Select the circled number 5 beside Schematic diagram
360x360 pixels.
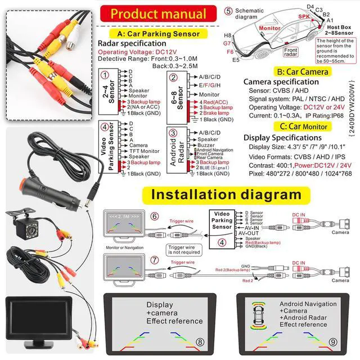click(228, 11)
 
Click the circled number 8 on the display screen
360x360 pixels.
click(200, 342)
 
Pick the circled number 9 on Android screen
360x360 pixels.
click(333, 341)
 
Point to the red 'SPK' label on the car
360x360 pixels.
click(304, 17)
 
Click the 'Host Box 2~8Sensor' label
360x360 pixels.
click(339, 30)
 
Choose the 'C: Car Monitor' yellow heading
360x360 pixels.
click(299, 127)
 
